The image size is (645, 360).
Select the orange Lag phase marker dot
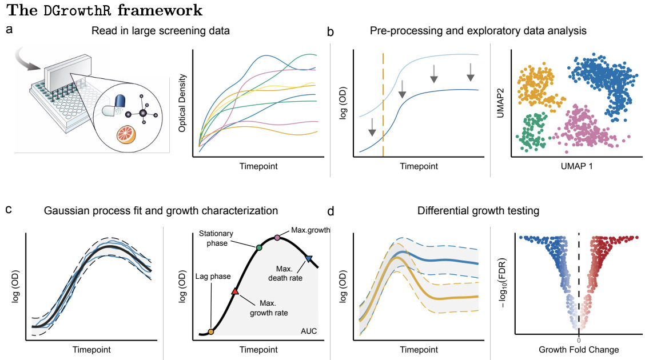(210, 331)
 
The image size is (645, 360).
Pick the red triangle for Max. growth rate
(234, 291)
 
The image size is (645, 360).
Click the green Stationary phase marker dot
(259, 247)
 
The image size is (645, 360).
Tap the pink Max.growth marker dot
(277, 237)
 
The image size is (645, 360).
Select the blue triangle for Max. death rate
(309, 259)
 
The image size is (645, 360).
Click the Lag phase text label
(212, 277)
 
